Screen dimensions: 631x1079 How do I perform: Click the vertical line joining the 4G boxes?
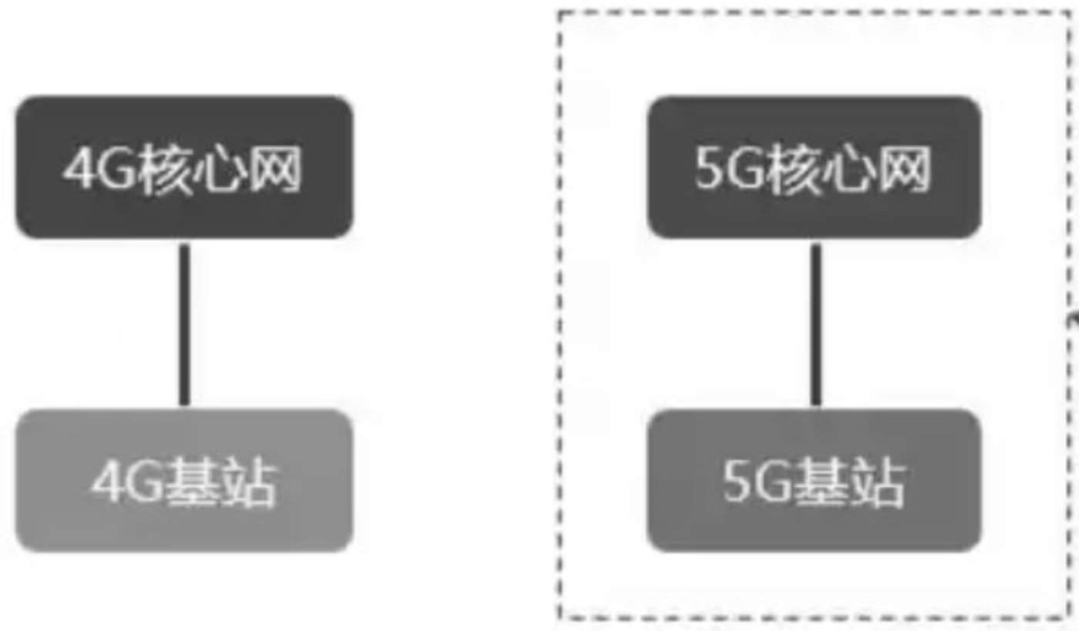184,324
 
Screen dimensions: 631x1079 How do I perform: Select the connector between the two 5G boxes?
815,324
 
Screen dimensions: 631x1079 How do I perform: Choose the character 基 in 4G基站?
193,483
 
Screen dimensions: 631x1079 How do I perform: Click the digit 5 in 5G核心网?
709,169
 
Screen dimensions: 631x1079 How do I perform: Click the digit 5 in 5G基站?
738,483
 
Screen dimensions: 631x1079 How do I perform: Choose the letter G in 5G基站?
775,483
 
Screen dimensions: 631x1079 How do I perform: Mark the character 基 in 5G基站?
823,483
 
